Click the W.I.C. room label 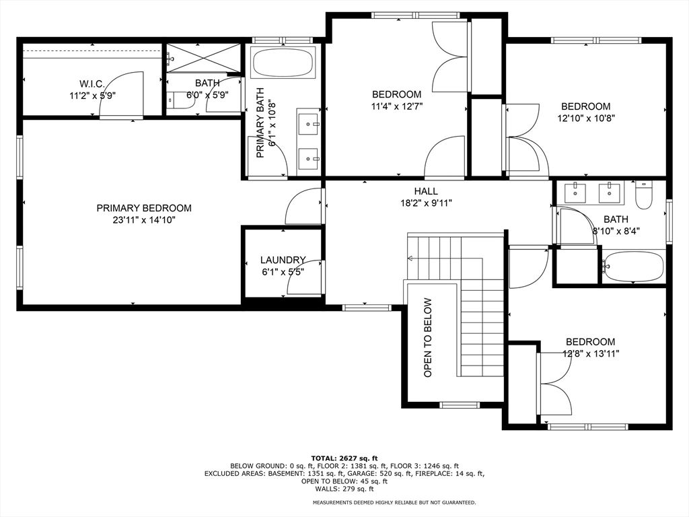click(x=92, y=83)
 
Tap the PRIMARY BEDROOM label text click(x=144, y=208)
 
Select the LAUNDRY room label click(x=283, y=260)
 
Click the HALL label click(x=426, y=191)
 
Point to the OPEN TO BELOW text click(x=428, y=338)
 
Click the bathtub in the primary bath click(x=283, y=63)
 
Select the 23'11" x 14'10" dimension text click(x=144, y=220)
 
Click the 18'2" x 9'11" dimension click(x=426, y=203)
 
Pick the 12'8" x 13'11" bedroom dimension click(x=591, y=353)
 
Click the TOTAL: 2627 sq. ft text click(x=344, y=458)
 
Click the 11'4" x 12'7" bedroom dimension click(x=397, y=106)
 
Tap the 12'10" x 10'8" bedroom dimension click(x=586, y=118)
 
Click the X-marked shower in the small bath click(x=204, y=58)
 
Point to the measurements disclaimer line click(x=394, y=502)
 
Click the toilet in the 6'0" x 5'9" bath click(x=181, y=100)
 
